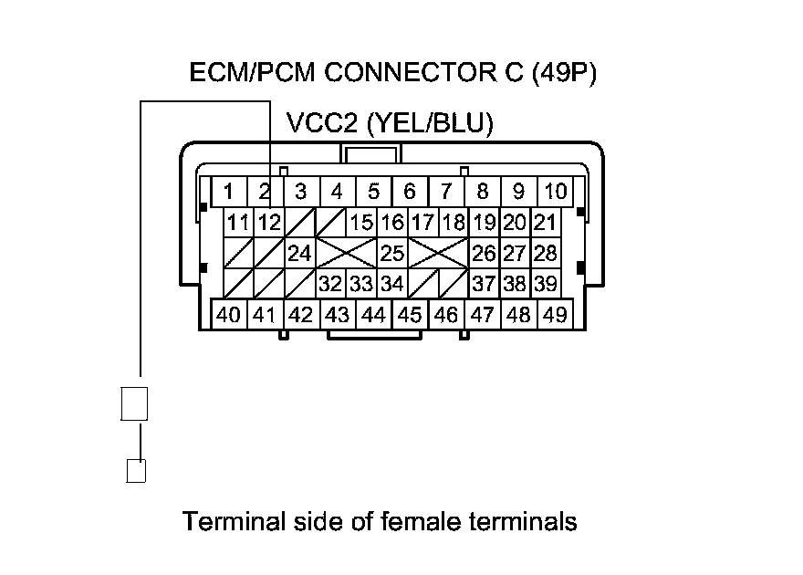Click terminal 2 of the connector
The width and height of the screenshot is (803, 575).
click(264, 192)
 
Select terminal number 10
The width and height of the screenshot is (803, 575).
click(554, 192)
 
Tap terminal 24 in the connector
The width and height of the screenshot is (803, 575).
click(299, 253)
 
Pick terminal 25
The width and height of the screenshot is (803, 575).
click(392, 253)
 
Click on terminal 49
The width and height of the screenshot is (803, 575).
click(554, 315)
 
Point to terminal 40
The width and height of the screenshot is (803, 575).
click(229, 315)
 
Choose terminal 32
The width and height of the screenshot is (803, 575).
click(329, 284)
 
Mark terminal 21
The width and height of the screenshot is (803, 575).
click(545, 222)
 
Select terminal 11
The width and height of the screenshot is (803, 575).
click(239, 222)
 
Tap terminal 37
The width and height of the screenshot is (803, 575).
click(484, 284)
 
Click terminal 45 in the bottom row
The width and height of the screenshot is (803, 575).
click(410, 315)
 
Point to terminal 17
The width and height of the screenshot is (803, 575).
click(422, 222)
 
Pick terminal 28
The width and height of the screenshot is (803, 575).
click(545, 253)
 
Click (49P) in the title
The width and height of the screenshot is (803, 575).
click(562, 73)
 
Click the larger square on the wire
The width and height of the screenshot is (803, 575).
click(134, 403)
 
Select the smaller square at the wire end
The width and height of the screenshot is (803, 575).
click(135, 470)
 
